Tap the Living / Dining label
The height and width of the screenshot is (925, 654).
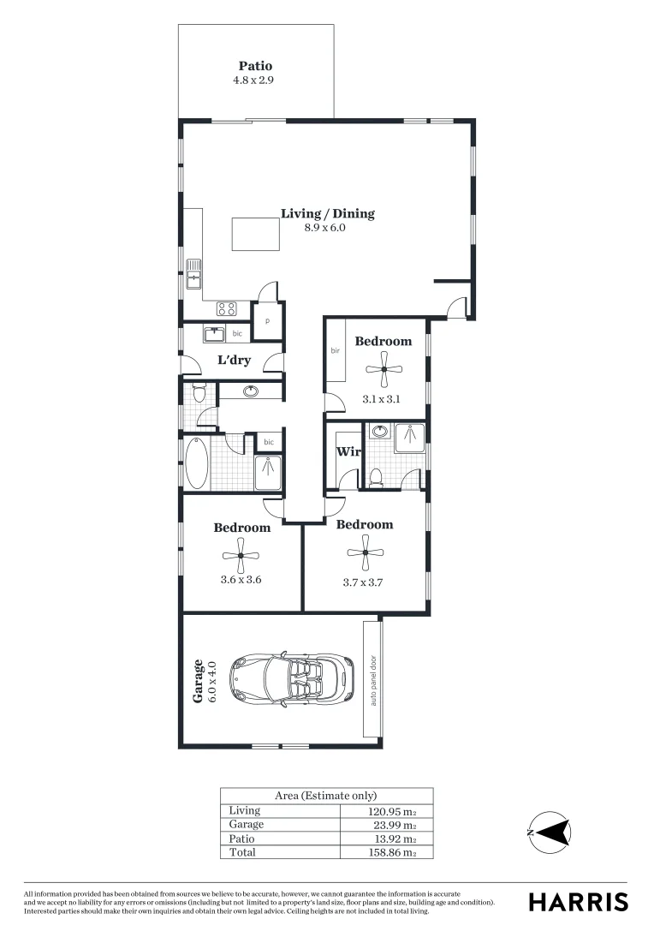tap(328, 214)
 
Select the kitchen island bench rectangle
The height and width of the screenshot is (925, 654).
tap(255, 234)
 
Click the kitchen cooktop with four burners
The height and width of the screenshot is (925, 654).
tap(227, 309)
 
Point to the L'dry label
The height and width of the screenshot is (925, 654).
tap(234, 361)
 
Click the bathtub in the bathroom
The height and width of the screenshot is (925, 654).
tap(197, 463)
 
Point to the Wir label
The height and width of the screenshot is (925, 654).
tap(347, 451)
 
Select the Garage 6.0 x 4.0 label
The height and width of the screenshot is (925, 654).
tap(204, 681)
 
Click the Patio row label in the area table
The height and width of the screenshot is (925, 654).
tap(241, 838)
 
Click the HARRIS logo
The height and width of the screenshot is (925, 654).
tap(578, 901)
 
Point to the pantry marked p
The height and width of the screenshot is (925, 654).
tap(267, 321)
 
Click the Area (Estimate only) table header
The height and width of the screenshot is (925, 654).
tap(325, 796)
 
